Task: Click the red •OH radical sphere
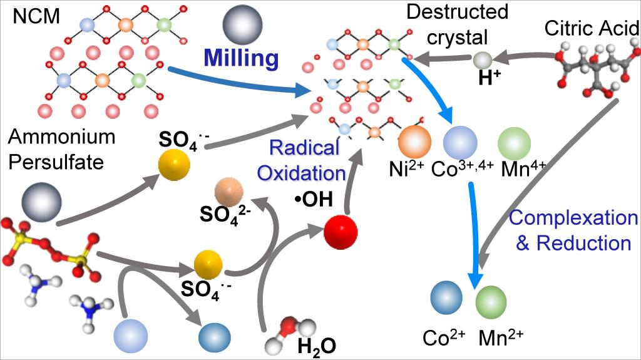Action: pyautogui.click(x=341, y=232)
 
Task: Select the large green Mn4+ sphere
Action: pyautogui.click(x=515, y=143)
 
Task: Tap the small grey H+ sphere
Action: pyautogui.click(x=482, y=61)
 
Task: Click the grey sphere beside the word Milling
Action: pyautogui.click(x=241, y=24)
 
